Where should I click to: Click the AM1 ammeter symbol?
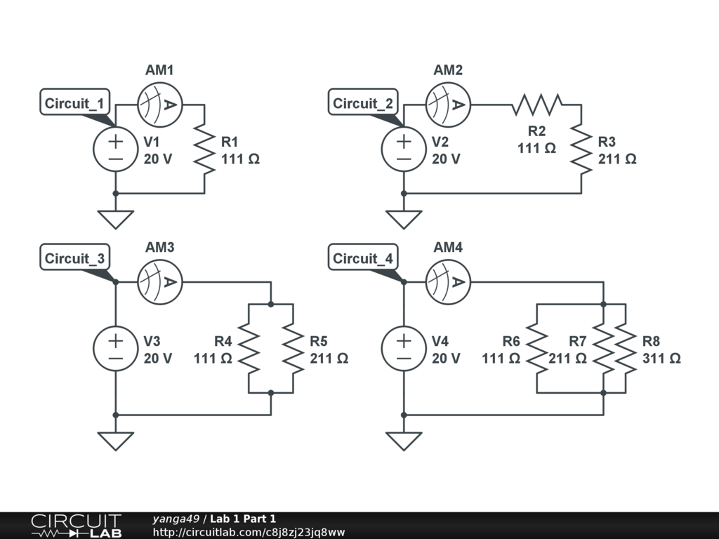[160, 105]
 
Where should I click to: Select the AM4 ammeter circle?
[448, 282]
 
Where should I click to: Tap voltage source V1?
[116, 149]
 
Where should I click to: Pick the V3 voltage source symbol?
[116, 349]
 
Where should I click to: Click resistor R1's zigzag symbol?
[204, 149]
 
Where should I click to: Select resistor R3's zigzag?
[581, 149]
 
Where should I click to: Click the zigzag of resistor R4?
[249, 349]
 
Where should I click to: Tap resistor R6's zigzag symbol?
[537, 349]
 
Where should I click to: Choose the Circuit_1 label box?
[75, 102]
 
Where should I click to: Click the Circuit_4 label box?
[363, 257]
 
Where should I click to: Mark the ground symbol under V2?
[404, 220]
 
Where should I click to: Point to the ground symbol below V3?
[116, 441]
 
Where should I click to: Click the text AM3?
[160, 248]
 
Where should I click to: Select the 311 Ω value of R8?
[661, 358]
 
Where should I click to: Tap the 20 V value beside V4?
[446, 358]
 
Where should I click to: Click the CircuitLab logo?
[77, 526]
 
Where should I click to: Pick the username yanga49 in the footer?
[176, 519]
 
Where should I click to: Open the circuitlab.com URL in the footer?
[249, 532]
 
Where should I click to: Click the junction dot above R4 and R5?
[271, 305]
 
